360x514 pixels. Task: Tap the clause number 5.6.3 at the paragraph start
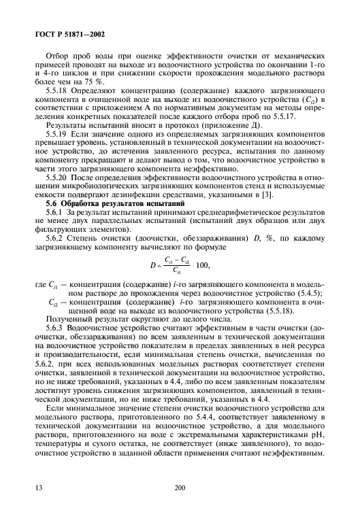coord(55,326)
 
